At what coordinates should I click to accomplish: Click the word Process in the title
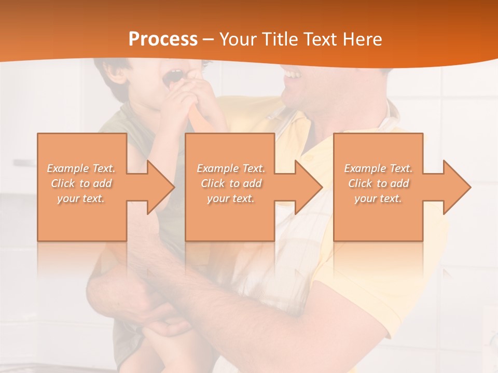[x=163, y=39]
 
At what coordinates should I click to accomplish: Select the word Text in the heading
[x=319, y=39]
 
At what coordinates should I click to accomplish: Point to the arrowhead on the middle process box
[x=308, y=187]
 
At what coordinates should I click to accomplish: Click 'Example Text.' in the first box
[x=81, y=168]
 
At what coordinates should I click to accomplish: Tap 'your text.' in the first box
[x=81, y=198]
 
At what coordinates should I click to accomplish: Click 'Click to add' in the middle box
[x=231, y=183]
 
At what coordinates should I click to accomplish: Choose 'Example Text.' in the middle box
[x=231, y=168]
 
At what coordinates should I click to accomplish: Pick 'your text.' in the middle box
[x=231, y=198]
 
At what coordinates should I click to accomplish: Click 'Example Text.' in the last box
[x=378, y=168]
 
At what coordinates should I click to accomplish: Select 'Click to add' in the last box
[x=378, y=183]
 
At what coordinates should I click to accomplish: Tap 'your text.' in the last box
[x=378, y=198]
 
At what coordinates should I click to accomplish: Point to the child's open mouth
[x=173, y=78]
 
